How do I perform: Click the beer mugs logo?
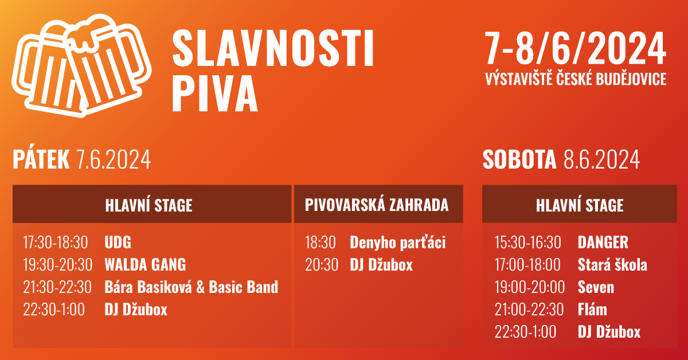[81, 66]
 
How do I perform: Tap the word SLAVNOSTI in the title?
[273, 48]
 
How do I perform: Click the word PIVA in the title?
[215, 93]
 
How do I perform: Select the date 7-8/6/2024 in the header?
[575, 48]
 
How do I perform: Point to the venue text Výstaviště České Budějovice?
[576, 79]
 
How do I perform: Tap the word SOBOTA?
[519, 159]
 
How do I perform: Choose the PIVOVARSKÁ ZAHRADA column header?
[377, 205]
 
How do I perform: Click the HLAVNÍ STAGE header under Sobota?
[580, 205]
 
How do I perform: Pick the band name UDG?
[118, 242]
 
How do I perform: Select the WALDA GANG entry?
[145, 264]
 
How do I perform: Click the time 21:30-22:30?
[57, 287]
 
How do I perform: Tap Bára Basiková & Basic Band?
[191, 287]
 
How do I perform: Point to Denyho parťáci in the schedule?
[398, 242]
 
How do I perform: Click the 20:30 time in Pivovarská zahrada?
[322, 264]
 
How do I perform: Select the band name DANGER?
[603, 242]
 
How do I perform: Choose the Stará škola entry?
[612, 264]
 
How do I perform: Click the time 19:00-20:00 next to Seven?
[530, 287]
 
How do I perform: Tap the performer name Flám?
[592, 309]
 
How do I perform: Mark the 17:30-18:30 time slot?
[56, 242]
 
